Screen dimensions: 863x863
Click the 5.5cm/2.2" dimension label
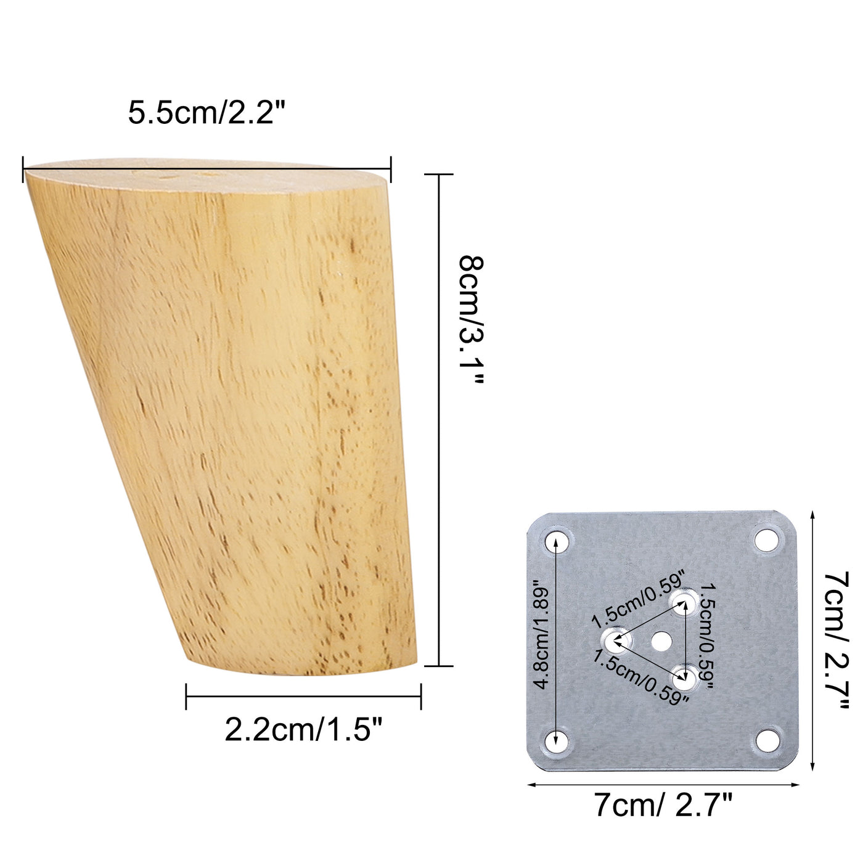(208, 113)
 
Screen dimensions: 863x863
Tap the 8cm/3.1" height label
(472, 321)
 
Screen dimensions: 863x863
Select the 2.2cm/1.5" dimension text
(304, 730)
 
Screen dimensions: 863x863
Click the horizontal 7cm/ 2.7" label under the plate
(663, 805)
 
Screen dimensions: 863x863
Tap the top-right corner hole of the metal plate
(766, 540)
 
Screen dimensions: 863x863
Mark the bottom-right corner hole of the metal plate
(767, 740)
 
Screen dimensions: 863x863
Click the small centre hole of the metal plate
(661, 642)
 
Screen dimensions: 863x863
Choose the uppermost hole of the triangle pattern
(684, 601)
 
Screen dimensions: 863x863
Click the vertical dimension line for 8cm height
(439, 419)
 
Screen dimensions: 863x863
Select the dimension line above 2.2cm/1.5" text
(303, 697)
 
